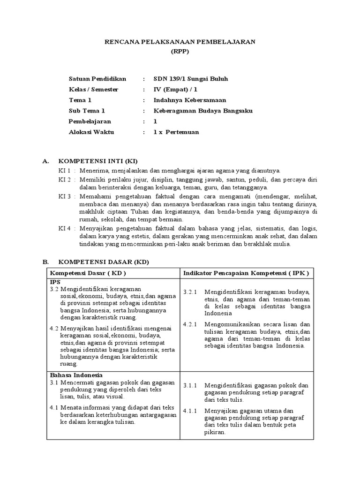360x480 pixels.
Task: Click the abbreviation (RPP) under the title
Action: [x=180, y=52]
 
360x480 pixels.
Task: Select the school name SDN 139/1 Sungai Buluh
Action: [x=191, y=79]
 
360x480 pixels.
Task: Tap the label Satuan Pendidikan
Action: [x=97, y=79]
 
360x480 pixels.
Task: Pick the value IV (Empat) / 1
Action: [x=176, y=89]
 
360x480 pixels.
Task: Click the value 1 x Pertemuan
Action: [x=176, y=132]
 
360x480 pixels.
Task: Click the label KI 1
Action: [x=64, y=171]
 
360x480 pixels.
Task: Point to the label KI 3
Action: [x=64, y=196]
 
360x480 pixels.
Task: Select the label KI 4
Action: [x=64, y=229]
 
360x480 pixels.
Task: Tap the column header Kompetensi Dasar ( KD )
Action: [x=88, y=272]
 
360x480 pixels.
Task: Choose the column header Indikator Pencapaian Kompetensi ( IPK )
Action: [x=246, y=272]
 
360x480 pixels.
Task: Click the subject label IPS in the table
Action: [x=55, y=282]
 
